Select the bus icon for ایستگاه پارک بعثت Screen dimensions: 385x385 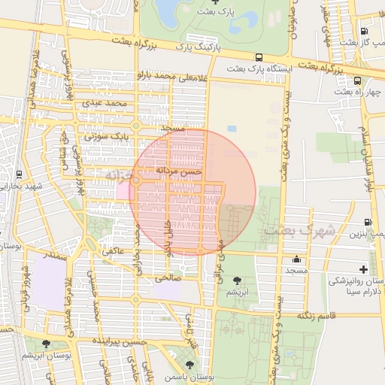(259, 57)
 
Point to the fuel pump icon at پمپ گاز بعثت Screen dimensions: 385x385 (364, 32)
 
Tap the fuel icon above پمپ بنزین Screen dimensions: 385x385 (367, 222)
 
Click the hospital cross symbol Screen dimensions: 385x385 (364, 268)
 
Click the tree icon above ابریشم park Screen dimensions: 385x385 (238, 279)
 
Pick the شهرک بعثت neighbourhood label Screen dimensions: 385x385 (299, 231)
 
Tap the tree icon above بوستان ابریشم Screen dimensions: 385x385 (47, 343)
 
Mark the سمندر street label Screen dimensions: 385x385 (56, 257)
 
